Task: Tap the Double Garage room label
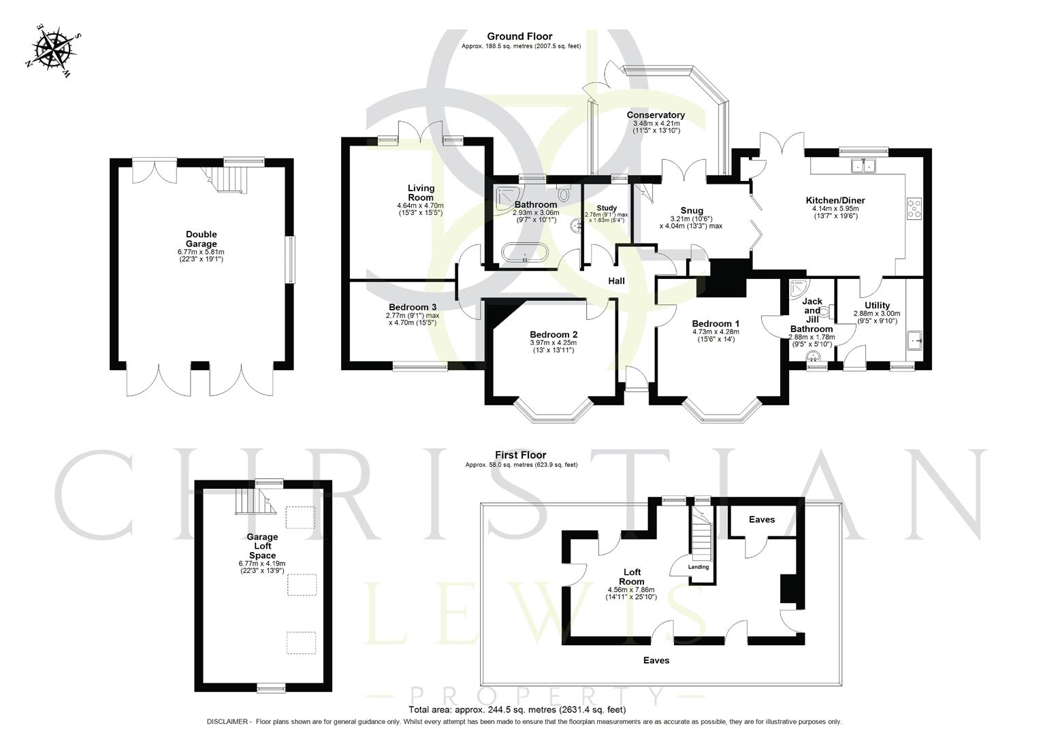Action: (201, 239)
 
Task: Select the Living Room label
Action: (421, 193)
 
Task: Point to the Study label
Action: (607, 208)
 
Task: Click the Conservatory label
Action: (656, 115)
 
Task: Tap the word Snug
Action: (691, 210)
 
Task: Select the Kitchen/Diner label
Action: (835, 200)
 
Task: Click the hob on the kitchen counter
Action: (914, 208)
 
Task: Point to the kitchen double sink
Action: (865, 165)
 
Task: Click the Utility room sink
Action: (915, 339)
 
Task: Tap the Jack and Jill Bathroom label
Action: (812, 314)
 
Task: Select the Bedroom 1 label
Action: (715, 324)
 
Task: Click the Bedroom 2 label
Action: (553, 335)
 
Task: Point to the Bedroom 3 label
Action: (413, 307)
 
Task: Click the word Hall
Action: (616, 281)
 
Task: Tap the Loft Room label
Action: (632, 576)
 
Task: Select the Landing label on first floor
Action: (699, 567)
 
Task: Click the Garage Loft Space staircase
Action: (255, 502)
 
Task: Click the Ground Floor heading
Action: (519, 36)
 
